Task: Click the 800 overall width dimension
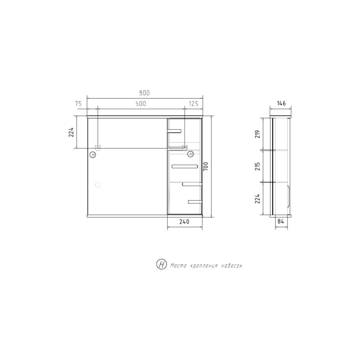[144, 93]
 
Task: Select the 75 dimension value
[78, 104]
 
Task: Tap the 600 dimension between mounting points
[141, 104]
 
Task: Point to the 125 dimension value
[193, 104]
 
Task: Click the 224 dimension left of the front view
[71, 132]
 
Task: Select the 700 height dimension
[206, 166]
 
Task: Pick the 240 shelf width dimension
[184, 221]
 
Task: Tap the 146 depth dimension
[281, 103]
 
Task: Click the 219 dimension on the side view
[257, 134]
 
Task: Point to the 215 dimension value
[257, 166]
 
